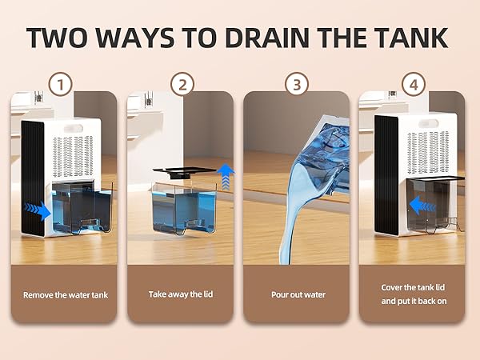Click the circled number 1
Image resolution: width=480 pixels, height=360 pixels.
(x=61, y=84)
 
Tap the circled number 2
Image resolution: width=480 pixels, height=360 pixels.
(x=182, y=84)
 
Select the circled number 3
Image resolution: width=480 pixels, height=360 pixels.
(x=296, y=84)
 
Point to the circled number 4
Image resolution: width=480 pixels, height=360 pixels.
(x=414, y=84)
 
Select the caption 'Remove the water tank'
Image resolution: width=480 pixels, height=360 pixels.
(x=66, y=295)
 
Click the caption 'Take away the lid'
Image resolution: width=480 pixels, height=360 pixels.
(x=181, y=294)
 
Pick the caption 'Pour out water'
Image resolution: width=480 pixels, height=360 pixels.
(x=298, y=294)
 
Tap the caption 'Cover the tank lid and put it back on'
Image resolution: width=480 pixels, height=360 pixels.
(x=414, y=294)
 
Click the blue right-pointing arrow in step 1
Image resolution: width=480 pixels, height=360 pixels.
(x=38, y=210)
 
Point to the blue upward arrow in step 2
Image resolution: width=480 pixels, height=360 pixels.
(x=226, y=177)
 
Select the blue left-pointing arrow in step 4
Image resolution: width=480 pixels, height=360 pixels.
(x=422, y=206)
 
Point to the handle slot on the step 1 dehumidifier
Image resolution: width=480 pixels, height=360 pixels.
(x=74, y=128)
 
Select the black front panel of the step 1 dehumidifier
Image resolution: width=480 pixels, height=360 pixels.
(x=33, y=178)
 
